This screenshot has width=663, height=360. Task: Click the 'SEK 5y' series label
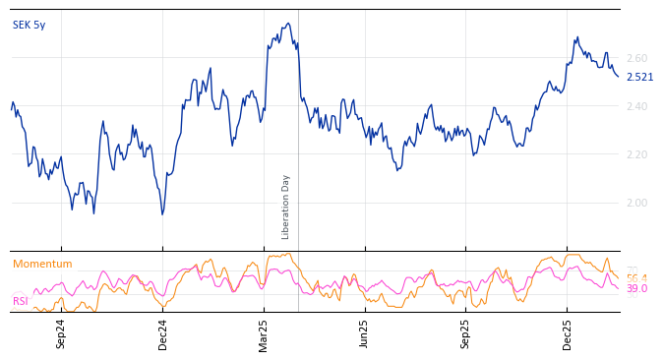[29, 26]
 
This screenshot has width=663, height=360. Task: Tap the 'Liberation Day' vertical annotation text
[286, 207]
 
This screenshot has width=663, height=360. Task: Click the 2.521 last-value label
[639, 78]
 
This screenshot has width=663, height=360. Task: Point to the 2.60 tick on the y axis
[636, 59]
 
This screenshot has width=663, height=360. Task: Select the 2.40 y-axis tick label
[636, 107]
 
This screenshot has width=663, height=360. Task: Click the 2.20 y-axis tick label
[636, 155]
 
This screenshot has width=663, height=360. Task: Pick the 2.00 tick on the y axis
[636, 204]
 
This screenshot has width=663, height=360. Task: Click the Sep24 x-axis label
[61, 333]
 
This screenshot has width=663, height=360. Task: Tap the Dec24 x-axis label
[163, 333]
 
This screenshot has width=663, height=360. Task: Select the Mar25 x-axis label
[264, 333]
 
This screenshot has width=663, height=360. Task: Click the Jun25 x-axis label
[365, 333]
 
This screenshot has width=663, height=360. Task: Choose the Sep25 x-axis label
[466, 333]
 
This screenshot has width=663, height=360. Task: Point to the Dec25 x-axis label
[568, 333]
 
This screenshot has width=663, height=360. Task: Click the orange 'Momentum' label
[42, 265]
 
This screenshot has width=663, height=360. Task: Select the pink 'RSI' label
[20, 302]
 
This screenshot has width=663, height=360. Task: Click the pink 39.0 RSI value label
[636, 289]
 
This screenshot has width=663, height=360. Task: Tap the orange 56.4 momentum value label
[636, 278]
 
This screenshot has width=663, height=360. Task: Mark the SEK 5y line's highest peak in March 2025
[287, 24]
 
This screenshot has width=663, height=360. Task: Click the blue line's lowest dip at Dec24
[162, 214]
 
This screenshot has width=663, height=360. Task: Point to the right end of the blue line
[619, 77]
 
